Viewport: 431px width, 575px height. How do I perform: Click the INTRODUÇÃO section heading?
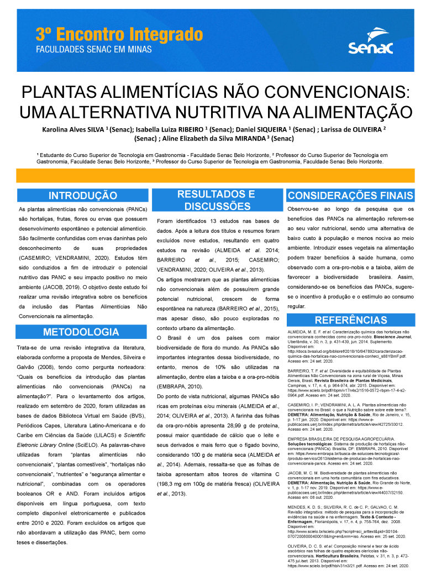click(x=82, y=196)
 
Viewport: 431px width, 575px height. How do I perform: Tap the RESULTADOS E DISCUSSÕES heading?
click(x=216, y=200)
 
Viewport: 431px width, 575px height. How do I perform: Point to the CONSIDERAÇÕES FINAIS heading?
click(x=350, y=196)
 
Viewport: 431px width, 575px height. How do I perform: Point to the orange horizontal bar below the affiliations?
click(x=215, y=175)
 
